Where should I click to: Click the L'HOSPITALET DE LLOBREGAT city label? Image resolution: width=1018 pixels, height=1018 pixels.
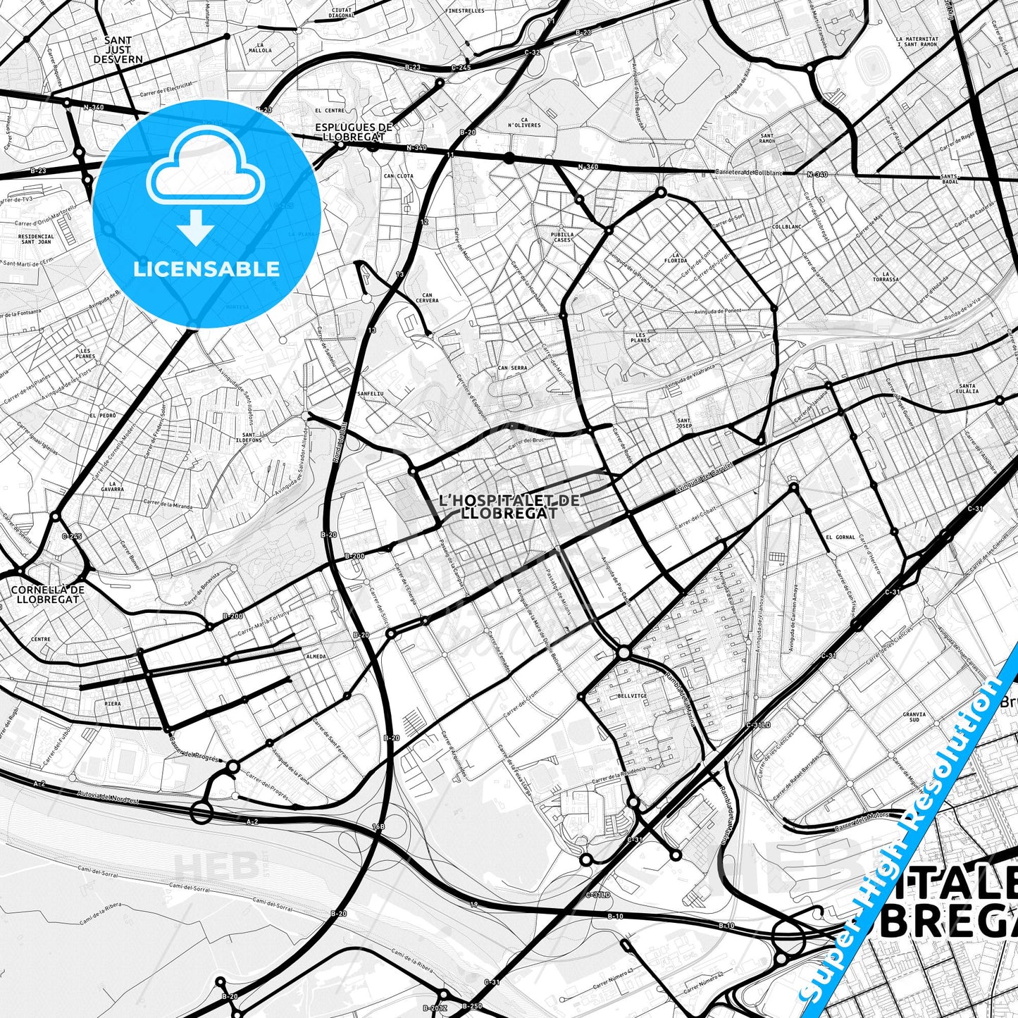tap(509, 506)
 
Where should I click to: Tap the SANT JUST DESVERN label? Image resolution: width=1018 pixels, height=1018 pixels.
tap(118, 50)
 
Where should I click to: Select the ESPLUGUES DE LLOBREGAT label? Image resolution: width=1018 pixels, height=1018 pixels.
tap(354, 132)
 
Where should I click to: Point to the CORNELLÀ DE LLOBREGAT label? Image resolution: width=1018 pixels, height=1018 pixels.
tap(48, 594)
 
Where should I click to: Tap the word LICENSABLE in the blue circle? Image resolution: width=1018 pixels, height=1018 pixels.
tap(206, 268)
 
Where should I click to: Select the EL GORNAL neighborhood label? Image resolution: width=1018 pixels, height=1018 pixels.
tap(840, 537)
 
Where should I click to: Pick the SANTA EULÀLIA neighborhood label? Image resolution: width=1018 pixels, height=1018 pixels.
tap(968, 388)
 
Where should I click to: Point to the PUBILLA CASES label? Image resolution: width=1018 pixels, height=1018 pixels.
tap(562, 237)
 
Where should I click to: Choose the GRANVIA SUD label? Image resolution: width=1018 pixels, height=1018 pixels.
tap(914, 717)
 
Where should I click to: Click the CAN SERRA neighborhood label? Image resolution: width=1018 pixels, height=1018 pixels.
tap(512, 368)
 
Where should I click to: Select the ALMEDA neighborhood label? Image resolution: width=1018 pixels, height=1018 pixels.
tap(316, 656)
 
